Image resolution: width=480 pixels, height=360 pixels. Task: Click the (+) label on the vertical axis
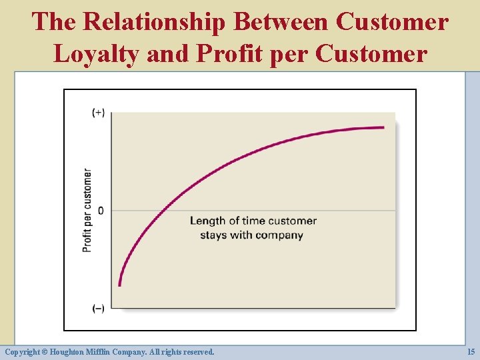click(98, 113)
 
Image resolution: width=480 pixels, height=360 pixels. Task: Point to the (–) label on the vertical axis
click(98, 308)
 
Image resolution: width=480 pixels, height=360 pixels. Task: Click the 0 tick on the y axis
click(101, 211)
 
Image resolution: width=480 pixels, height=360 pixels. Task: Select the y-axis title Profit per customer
click(87, 210)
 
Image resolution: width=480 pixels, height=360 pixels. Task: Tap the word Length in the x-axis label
click(207, 221)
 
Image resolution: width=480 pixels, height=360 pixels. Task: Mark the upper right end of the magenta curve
click(383, 127)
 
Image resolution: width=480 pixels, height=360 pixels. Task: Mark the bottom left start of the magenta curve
click(119, 285)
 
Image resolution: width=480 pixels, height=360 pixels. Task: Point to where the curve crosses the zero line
click(160, 211)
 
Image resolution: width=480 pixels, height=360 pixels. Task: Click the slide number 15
click(470, 351)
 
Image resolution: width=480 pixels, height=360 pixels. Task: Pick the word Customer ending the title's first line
click(392, 21)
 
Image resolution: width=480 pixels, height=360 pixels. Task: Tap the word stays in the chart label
click(213, 235)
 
